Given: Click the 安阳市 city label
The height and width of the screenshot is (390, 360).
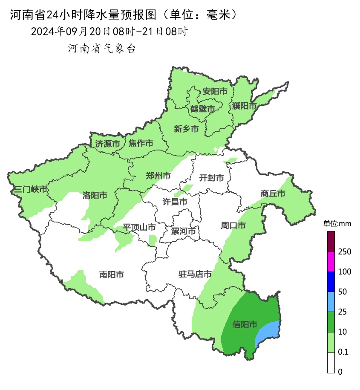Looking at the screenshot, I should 215,91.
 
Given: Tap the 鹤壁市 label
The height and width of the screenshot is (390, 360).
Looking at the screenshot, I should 202,109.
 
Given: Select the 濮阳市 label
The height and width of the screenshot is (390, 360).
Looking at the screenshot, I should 245,105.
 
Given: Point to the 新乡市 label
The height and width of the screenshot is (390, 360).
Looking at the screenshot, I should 187,129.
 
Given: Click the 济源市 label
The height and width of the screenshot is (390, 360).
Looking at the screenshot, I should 107,144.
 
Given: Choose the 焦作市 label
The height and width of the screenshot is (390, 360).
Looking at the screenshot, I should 141,144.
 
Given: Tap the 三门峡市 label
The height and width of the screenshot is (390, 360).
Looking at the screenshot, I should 30,189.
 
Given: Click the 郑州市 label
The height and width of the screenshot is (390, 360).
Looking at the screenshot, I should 158,176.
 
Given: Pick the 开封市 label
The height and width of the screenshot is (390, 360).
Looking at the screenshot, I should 211,178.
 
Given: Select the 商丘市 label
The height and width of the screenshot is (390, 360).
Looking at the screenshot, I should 273,194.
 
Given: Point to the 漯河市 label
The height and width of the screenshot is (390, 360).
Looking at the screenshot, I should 183,231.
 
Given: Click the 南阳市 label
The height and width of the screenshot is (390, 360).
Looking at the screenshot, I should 111,275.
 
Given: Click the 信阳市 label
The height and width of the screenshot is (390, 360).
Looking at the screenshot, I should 245,325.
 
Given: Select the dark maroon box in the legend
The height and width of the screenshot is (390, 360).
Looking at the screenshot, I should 331,241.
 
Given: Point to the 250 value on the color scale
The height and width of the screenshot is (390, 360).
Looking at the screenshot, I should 344,252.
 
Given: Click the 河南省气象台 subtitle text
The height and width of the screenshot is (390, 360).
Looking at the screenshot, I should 101,49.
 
